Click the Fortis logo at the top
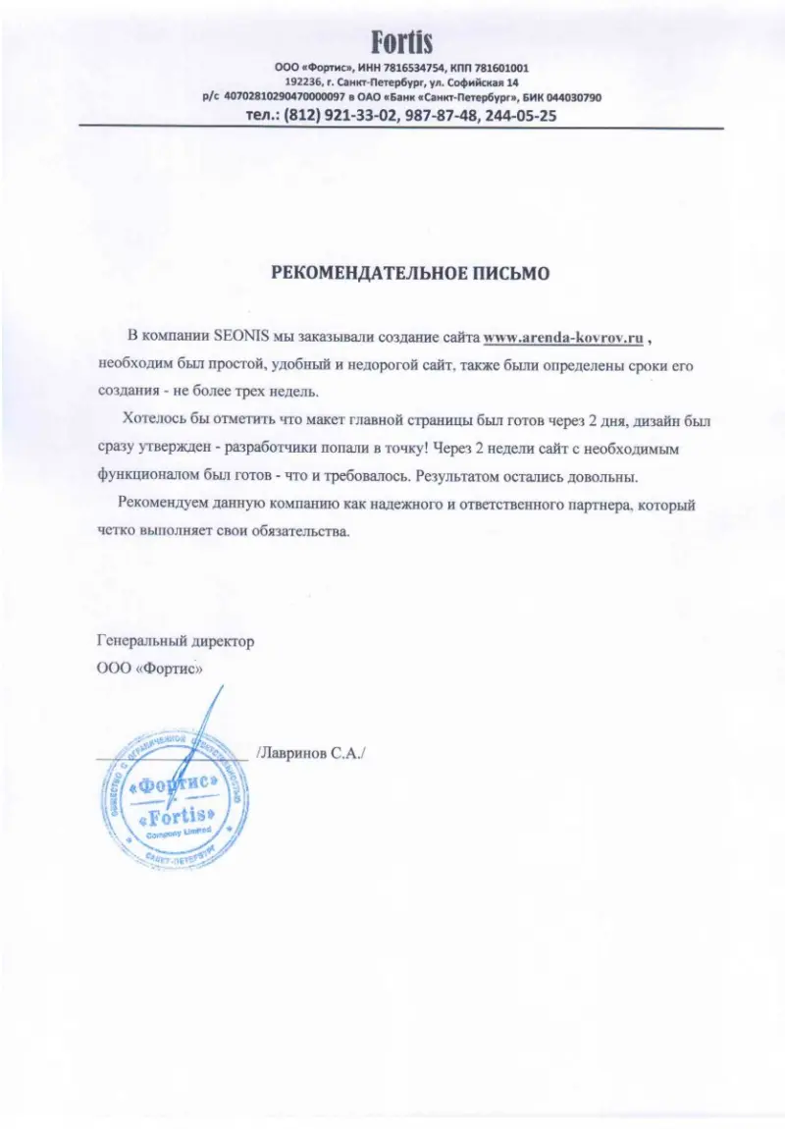tap(401, 42)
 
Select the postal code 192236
tap(303, 82)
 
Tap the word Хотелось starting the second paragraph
tap(156, 420)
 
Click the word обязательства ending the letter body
tap(299, 531)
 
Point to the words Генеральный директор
tap(176, 641)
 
